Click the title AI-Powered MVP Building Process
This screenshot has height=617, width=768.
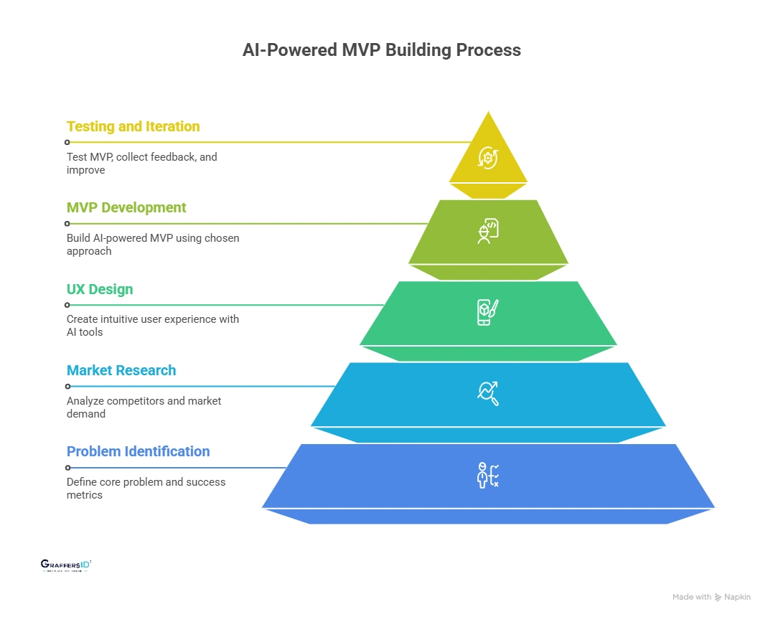point(381,50)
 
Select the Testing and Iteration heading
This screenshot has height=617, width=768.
point(133,126)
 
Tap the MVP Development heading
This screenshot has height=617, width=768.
point(126,207)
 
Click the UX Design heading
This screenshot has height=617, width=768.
point(100,289)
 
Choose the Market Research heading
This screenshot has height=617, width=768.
point(121,370)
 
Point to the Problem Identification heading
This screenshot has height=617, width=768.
point(138,451)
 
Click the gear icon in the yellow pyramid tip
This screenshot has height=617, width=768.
point(488,157)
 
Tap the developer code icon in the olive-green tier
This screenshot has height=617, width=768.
point(488,231)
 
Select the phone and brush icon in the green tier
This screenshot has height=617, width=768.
point(488,312)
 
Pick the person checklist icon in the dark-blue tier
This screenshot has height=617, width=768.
point(488,475)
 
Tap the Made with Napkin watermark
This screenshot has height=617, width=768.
point(711,597)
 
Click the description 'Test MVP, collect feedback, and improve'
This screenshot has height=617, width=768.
point(141,163)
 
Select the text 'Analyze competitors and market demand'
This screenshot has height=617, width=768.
point(144,407)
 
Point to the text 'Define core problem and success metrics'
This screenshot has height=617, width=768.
point(146,488)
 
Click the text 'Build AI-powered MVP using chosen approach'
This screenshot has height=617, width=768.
point(153,244)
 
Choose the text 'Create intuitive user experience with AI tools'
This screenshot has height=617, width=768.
point(153,325)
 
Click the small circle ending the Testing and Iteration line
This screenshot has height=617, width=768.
point(67,142)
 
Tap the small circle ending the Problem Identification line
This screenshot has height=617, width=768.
point(67,467)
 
